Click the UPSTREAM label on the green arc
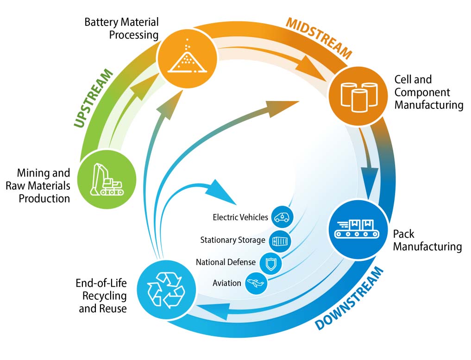coord(93,98)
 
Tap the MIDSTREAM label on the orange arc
coord(319,38)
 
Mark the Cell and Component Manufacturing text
coord(428,92)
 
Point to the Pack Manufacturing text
coord(427,240)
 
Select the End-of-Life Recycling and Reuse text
coord(101,295)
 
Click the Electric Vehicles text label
coord(240,217)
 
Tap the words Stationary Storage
coord(232,240)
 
